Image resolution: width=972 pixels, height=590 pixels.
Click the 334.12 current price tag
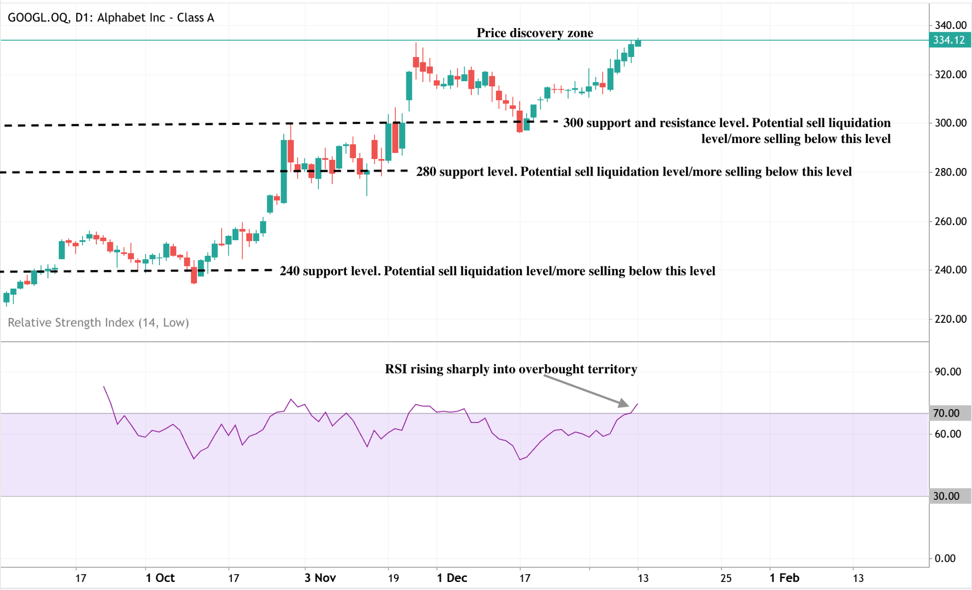tap(949, 40)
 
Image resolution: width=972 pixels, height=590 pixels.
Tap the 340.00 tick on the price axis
tap(950, 25)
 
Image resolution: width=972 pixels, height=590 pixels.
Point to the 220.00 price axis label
tap(950, 319)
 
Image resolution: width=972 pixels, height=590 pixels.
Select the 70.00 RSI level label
tap(946, 413)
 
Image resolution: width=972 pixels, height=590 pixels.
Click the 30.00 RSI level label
tap(946, 496)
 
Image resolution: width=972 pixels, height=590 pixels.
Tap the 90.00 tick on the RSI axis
tap(948, 372)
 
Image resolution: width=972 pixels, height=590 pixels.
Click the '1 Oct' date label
tap(160, 578)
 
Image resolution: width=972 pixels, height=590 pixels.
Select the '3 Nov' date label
tap(320, 578)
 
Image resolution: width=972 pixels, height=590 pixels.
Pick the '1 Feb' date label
tap(785, 578)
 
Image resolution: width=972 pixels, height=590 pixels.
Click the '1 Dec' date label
tap(452, 578)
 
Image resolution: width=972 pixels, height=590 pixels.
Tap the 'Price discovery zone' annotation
tap(535, 33)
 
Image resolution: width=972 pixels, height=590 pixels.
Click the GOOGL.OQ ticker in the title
tap(38, 18)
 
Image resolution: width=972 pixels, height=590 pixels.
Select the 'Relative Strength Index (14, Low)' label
tap(98, 322)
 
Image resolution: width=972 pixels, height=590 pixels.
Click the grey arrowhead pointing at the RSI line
tap(624, 403)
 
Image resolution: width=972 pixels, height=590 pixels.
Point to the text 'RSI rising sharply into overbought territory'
tap(511, 369)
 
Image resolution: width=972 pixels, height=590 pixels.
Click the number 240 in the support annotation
tap(290, 271)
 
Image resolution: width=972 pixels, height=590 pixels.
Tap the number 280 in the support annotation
tap(426, 171)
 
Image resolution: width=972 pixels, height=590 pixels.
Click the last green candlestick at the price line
tap(638, 43)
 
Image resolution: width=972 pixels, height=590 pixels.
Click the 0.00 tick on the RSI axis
tap(945, 558)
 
